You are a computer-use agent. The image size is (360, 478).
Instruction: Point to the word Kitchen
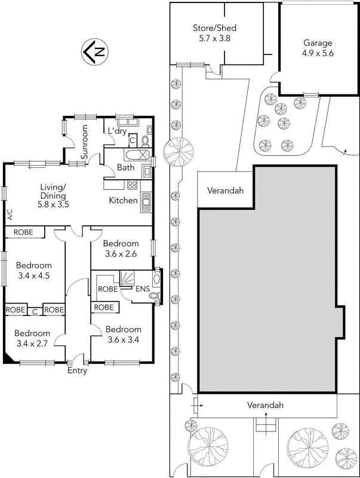tap(123, 201)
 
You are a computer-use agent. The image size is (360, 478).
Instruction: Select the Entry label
tap(78, 370)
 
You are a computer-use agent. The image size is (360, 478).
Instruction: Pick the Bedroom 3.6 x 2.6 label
tap(121, 248)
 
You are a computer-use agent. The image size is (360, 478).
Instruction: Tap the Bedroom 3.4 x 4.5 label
tap(34, 271)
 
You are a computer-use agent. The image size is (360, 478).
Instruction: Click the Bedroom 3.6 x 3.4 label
tap(124, 334)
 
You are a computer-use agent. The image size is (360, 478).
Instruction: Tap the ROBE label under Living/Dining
tap(23, 232)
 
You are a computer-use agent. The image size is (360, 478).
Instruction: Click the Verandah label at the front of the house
tap(266, 405)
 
